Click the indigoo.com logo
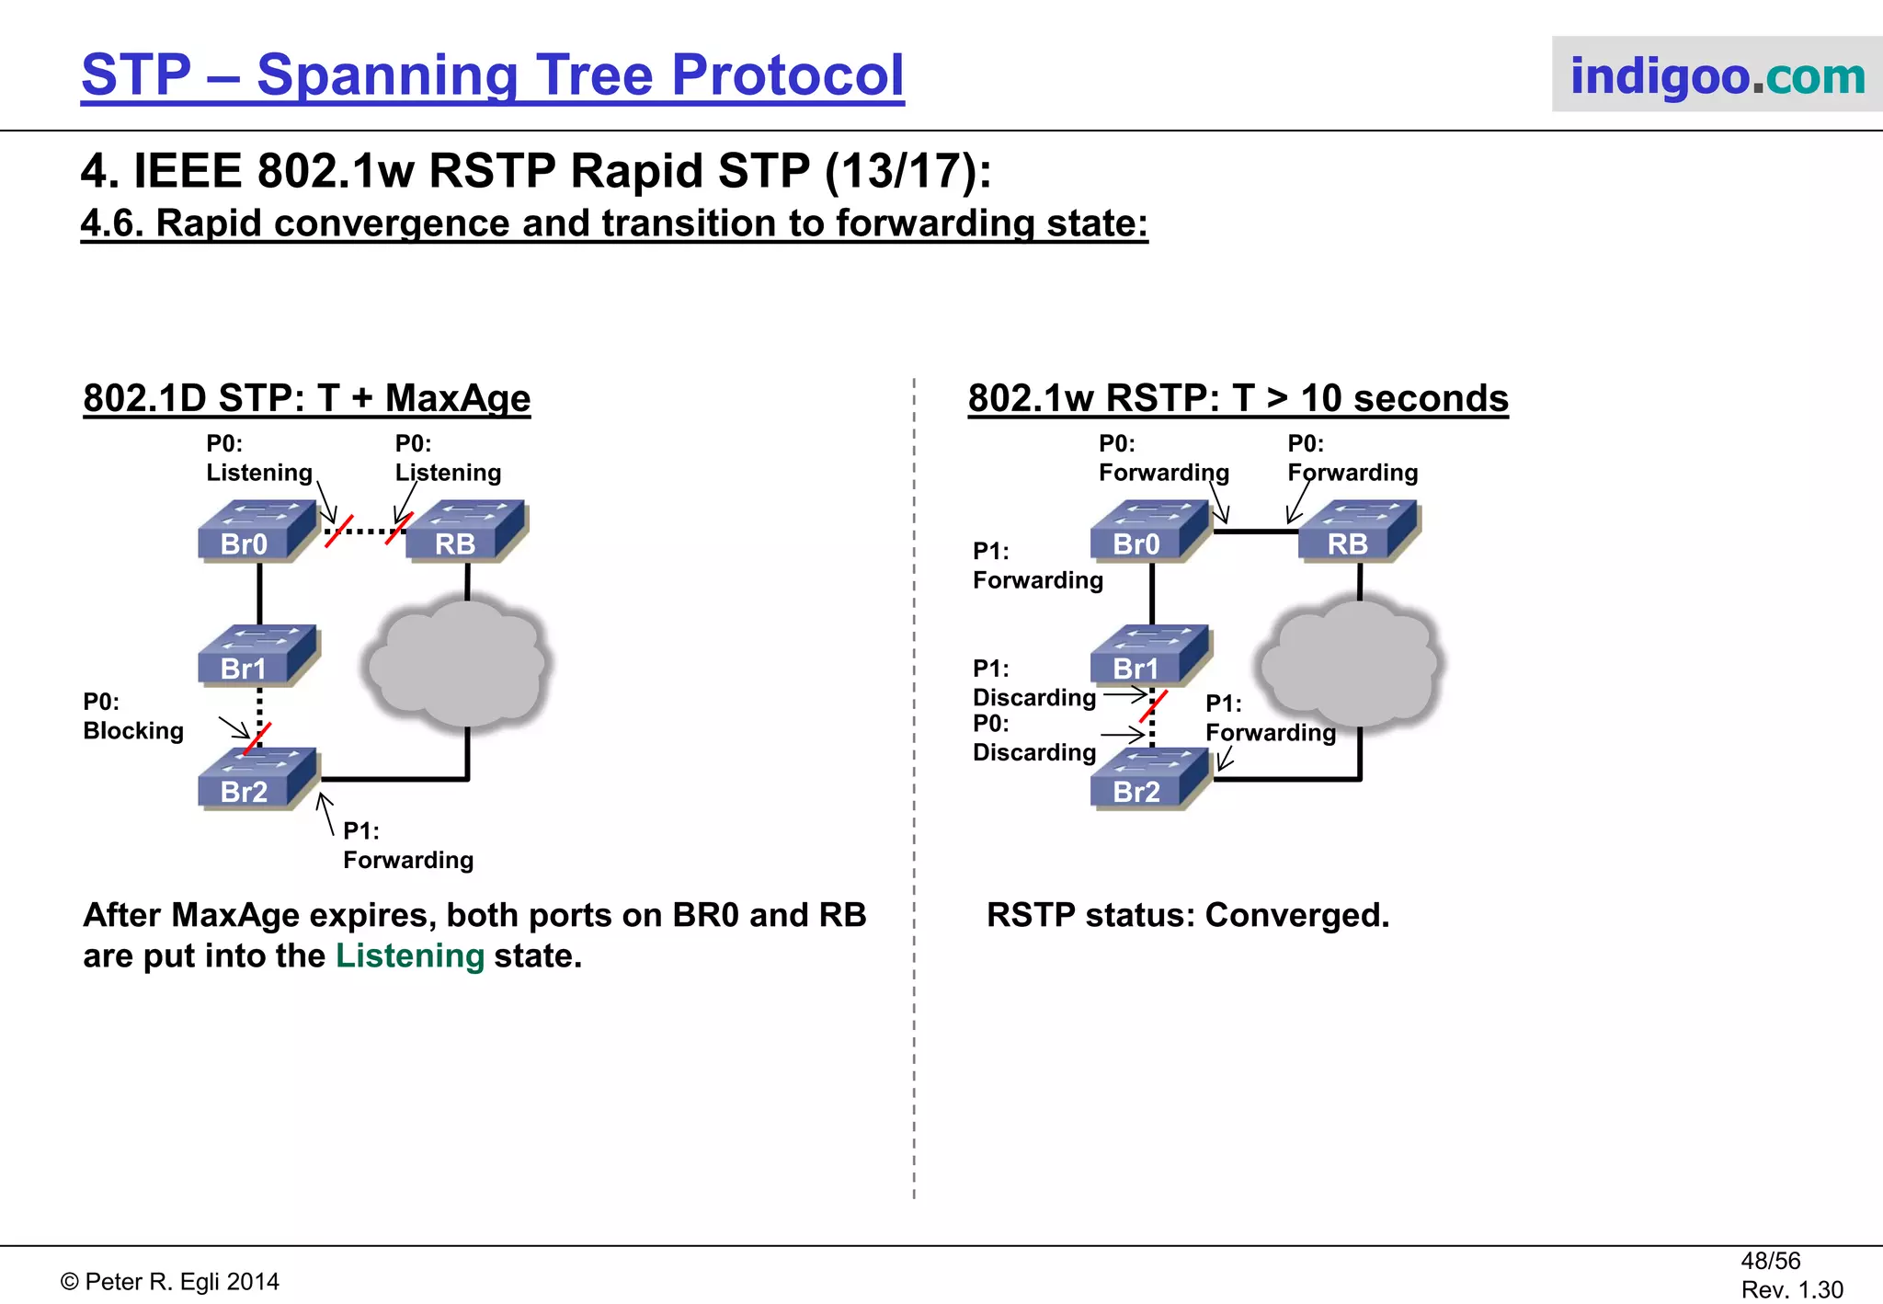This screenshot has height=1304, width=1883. [1717, 75]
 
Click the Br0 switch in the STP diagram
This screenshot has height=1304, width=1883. [257, 532]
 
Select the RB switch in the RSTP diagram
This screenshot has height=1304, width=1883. [1358, 532]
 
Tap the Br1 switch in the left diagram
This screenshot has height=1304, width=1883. [257, 656]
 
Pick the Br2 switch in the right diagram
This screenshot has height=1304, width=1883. [1149, 780]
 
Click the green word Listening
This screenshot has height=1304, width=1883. [410, 956]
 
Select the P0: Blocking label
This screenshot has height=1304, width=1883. [132, 716]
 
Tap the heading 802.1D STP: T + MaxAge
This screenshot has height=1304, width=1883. [306, 398]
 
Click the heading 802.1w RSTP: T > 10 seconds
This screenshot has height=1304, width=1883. [1238, 398]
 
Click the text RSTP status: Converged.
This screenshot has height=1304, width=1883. [1187, 915]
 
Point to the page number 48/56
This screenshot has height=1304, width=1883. [1770, 1261]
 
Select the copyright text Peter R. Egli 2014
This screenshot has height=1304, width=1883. [170, 1282]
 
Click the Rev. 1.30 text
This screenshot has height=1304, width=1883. [1791, 1289]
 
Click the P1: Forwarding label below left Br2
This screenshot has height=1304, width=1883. [407, 845]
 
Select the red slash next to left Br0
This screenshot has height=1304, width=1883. [338, 532]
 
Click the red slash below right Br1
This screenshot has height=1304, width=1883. [1153, 706]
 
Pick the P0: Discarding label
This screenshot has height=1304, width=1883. [1033, 738]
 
